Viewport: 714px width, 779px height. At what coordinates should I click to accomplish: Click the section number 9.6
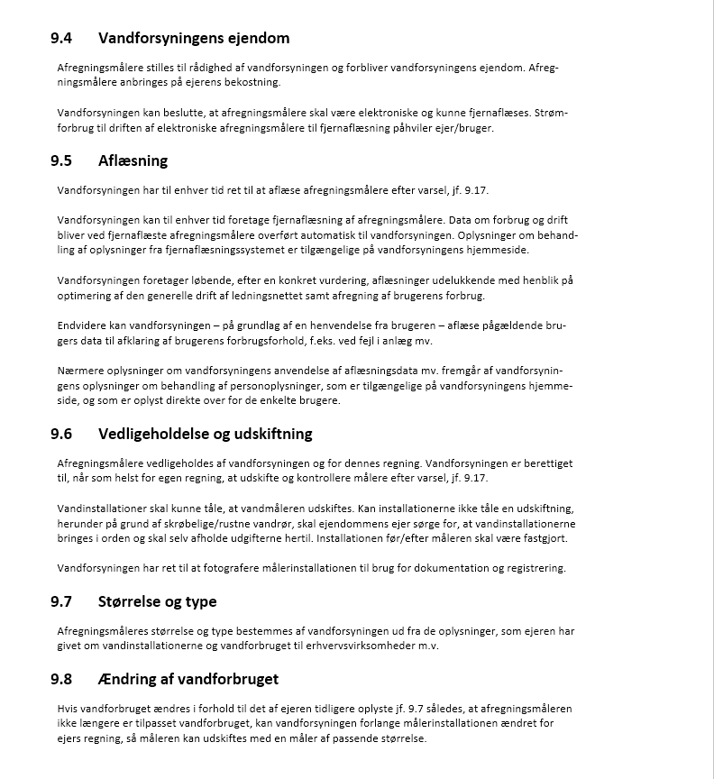pos(61,433)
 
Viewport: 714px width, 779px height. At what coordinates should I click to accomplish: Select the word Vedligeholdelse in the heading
pos(154,433)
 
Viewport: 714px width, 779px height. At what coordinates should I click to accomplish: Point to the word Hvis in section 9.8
pos(69,709)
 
